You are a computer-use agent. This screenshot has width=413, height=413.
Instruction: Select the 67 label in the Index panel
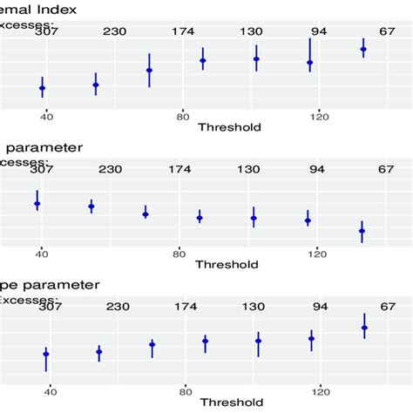[387, 32]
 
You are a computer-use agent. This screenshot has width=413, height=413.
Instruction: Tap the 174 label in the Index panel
[183, 32]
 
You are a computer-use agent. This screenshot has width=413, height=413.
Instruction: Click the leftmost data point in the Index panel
[42, 87]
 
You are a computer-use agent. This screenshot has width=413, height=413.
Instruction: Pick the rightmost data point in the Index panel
[363, 50]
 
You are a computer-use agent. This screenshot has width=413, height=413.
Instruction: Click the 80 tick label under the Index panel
[182, 116]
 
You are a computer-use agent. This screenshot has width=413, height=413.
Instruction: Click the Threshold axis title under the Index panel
[229, 127]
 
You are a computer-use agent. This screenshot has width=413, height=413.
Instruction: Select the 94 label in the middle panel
[319, 169]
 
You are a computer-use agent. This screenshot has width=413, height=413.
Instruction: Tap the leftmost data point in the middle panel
[37, 204]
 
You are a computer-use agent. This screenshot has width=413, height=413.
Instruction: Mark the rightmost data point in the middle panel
[362, 231]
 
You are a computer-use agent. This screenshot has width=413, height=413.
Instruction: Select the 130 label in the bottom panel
[254, 307]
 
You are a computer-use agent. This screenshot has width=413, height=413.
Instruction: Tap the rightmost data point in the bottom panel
[364, 328]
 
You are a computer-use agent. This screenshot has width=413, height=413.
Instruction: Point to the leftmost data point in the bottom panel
[45, 355]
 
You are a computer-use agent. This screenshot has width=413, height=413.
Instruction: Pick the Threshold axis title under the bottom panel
[231, 403]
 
